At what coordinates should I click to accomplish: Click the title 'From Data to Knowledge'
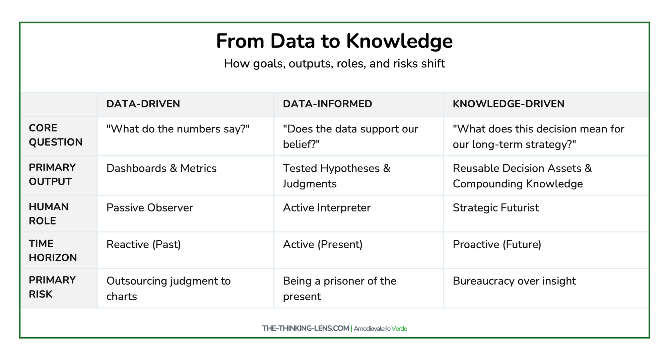point(334,42)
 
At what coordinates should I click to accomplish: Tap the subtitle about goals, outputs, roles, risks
point(334,63)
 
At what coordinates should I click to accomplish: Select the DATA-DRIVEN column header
point(143,104)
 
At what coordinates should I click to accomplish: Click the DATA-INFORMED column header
point(327,104)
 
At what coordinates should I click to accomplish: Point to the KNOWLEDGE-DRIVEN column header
point(509,104)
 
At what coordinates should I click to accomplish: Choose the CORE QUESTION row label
point(56,135)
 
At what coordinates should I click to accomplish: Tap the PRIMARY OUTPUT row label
point(52,174)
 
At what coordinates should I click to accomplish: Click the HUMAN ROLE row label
point(49,214)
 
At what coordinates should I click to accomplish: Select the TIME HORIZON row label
point(53,251)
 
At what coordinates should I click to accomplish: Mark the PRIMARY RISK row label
point(52,287)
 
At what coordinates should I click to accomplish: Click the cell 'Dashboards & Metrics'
point(161,168)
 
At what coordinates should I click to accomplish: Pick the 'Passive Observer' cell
point(150,208)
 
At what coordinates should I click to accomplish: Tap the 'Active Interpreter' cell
point(327,208)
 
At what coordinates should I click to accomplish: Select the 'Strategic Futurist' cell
point(496,208)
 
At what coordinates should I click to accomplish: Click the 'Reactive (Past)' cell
point(144,244)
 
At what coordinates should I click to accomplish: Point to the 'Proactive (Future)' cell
point(497,244)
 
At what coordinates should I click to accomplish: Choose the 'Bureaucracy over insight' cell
point(514,281)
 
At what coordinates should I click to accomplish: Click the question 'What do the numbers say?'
point(178,129)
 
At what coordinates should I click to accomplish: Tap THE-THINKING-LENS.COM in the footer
point(306,328)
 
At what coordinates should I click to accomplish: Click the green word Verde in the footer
point(399,328)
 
